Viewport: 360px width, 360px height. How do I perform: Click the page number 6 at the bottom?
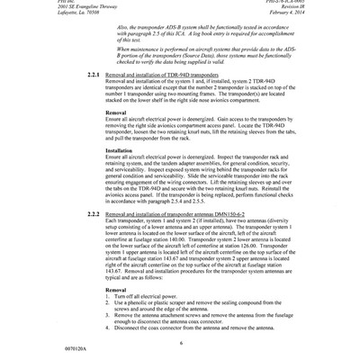point(180,331)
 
